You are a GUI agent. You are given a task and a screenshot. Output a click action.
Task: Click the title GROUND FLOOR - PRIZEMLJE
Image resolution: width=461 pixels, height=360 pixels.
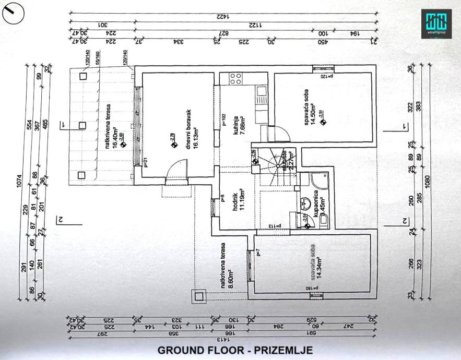235,350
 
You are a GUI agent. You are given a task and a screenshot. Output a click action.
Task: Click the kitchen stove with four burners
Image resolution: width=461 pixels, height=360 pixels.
235,79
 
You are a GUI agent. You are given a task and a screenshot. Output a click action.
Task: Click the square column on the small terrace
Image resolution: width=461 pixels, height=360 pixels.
199,297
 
